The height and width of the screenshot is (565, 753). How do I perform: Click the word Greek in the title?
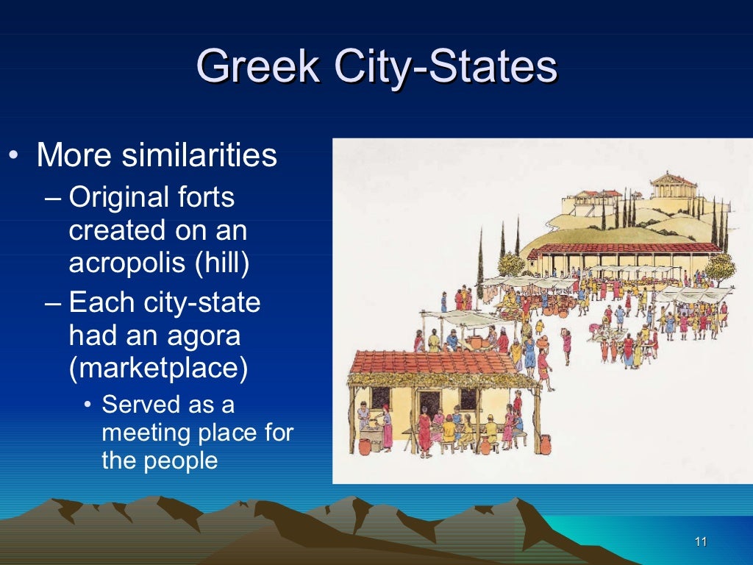(258, 67)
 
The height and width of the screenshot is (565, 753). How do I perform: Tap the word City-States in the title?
(446, 67)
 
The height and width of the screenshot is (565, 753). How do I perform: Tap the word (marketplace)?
(158, 368)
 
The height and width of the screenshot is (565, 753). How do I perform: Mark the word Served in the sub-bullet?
(140, 404)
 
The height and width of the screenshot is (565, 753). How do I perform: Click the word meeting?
(146, 433)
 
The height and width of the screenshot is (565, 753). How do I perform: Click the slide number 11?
(700, 542)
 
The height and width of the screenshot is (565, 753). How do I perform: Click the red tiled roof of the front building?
(434, 362)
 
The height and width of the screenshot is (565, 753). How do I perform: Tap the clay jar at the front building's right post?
(545, 444)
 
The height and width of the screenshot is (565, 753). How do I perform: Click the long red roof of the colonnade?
(625, 248)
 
